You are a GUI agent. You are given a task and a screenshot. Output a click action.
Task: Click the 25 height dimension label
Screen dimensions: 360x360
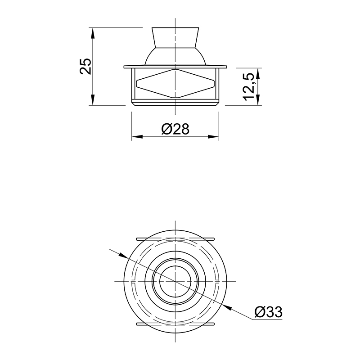(85, 66)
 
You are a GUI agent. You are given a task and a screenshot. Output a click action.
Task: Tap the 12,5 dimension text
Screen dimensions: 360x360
(248, 87)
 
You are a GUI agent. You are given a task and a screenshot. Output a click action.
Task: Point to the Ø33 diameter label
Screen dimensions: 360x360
(268, 312)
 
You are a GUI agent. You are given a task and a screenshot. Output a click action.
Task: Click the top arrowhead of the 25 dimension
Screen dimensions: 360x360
(92, 33)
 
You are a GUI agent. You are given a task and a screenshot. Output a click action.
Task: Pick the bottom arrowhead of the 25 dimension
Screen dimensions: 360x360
(92, 100)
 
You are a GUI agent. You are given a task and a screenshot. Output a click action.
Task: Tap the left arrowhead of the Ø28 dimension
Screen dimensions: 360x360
(137, 137)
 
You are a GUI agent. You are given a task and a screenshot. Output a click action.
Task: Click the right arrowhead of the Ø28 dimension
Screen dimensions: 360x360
(213, 137)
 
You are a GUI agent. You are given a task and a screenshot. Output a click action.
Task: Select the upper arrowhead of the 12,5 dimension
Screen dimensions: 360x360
(258, 73)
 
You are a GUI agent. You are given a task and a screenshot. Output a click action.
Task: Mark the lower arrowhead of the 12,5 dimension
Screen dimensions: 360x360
(258, 100)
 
